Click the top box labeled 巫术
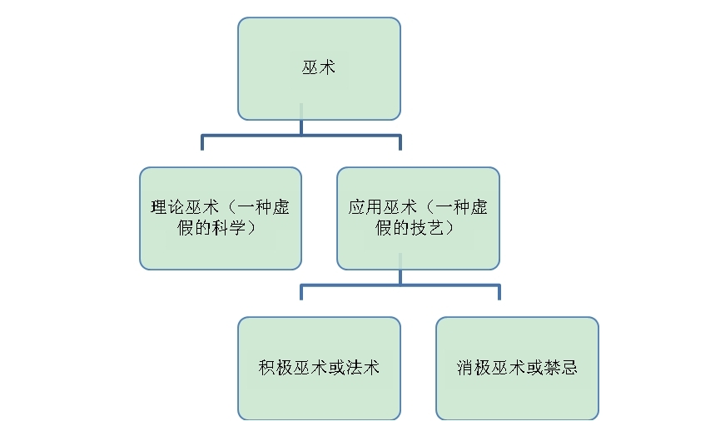[x=319, y=69]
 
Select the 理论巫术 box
[x=221, y=219]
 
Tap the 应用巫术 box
[x=419, y=219]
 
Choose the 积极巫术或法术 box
[x=319, y=369]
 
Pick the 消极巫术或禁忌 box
[x=517, y=369]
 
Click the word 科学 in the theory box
[x=228, y=228]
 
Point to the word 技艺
[x=426, y=228]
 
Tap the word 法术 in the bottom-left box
[x=363, y=368]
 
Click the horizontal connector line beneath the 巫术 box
[x=301, y=136]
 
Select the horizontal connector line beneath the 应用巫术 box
[x=400, y=285]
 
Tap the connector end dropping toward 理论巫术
[x=202, y=149]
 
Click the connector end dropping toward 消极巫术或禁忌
[x=499, y=299]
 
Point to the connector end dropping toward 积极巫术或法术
[x=301, y=299]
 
